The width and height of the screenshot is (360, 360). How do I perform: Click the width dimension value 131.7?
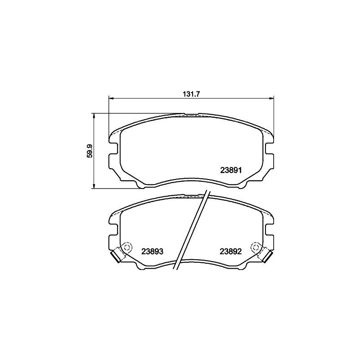(x=191, y=94)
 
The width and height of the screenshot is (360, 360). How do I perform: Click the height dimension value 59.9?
(x=90, y=151)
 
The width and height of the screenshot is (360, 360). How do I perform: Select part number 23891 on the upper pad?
(x=231, y=170)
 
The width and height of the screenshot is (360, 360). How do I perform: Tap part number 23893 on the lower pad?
(x=152, y=251)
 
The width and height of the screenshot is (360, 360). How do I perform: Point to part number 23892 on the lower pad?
(x=231, y=251)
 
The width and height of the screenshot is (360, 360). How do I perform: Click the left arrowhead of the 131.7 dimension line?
(x=111, y=98)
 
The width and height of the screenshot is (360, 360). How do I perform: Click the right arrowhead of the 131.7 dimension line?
(x=271, y=98)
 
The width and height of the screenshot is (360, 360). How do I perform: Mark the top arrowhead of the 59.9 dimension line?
(x=94, y=115)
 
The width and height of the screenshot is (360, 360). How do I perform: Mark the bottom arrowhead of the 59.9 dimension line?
(x=94, y=186)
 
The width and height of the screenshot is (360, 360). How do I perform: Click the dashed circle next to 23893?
(x=126, y=247)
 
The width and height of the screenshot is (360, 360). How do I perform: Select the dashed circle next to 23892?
(x=256, y=247)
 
